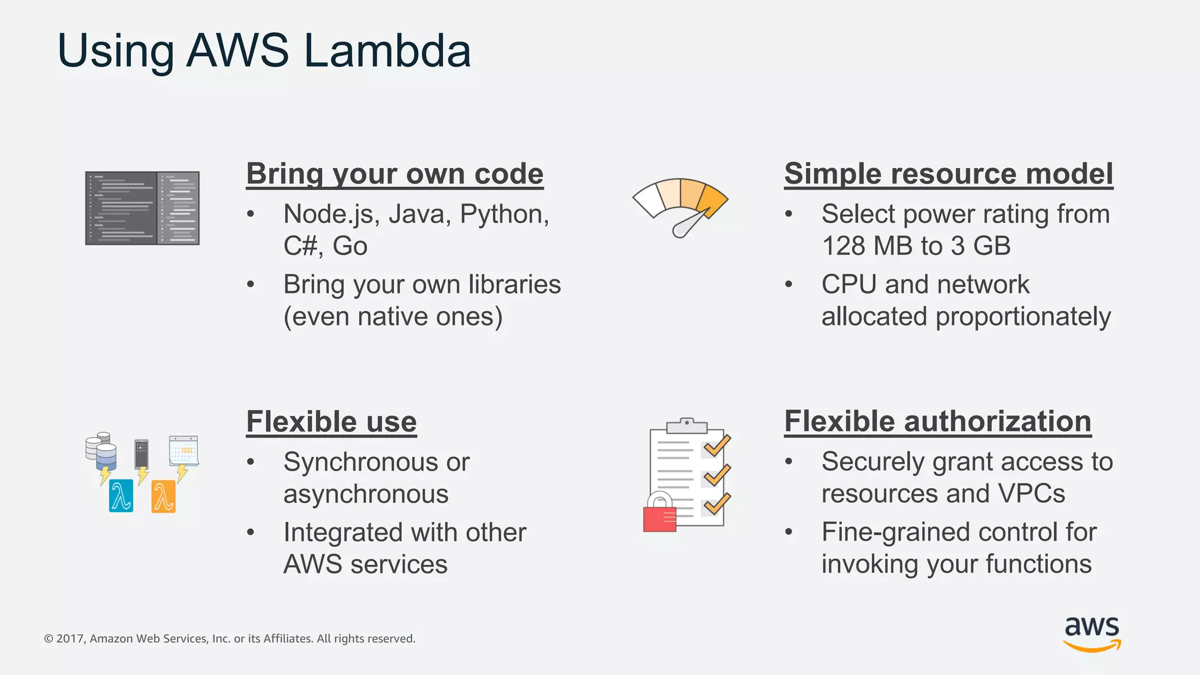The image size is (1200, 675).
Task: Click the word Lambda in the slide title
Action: [x=387, y=50]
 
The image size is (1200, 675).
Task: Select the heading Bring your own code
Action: [x=394, y=174]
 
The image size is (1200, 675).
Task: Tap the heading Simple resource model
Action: [x=948, y=174]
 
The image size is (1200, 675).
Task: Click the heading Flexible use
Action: [x=331, y=422]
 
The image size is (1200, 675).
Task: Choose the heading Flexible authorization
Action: [x=937, y=422]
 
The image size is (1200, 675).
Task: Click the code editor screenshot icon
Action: [x=142, y=208]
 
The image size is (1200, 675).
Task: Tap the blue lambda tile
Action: [x=121, y=496]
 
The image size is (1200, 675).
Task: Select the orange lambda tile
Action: [x=163, y=496]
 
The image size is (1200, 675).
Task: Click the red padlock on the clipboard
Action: [x=660, y=514]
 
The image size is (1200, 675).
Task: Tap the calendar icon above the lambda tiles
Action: [x=183, y=451]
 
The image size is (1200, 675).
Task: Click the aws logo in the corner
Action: [x=1092, y=633]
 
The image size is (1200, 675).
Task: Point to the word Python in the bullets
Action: [x=503, y=214]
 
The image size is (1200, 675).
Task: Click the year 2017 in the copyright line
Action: [x=71, y=639]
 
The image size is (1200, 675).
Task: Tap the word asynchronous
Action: [x=366, y=495]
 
